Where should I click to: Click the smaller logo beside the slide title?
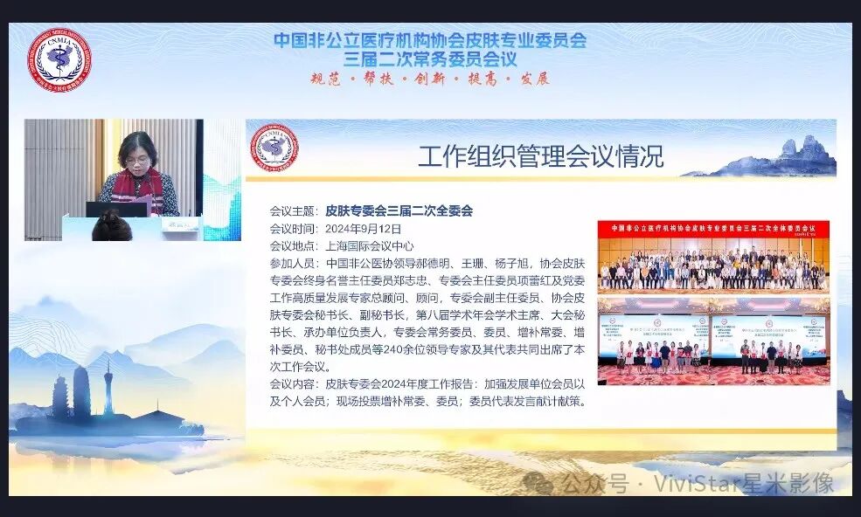click(x=274, y=148)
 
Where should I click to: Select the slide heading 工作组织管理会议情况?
click(x=540, y=156)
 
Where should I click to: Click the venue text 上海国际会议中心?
click(x=369, y=245)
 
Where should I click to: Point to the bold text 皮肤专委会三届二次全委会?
click(x=399, y=210)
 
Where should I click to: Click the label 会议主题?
click(x=292, y=210)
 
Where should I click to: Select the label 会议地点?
click(x=292, y=245)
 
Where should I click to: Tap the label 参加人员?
click(x=292, y=263)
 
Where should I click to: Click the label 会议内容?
click(x=292, y=384)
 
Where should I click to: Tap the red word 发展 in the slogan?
click(x=534, y=79)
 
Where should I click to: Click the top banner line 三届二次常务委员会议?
click(x=430, y=59)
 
